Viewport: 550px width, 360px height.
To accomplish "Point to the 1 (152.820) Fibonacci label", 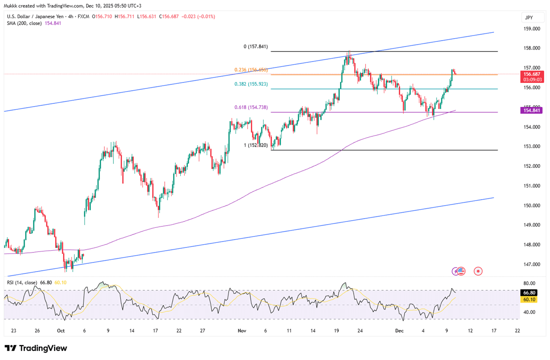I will tap(256, 145).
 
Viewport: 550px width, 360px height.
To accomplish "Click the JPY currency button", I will tap(529, 17).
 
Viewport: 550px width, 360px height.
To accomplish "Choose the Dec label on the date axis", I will tap(399, 331).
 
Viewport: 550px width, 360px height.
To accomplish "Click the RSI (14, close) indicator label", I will tap(22, 283).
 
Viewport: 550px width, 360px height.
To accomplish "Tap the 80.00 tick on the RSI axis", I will tap(530, 283).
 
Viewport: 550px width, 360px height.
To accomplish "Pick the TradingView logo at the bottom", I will tap(36, 348).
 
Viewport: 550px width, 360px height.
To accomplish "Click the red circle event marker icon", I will tap(478, 271).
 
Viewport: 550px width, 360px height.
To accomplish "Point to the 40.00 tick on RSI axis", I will tap(530, 312).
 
